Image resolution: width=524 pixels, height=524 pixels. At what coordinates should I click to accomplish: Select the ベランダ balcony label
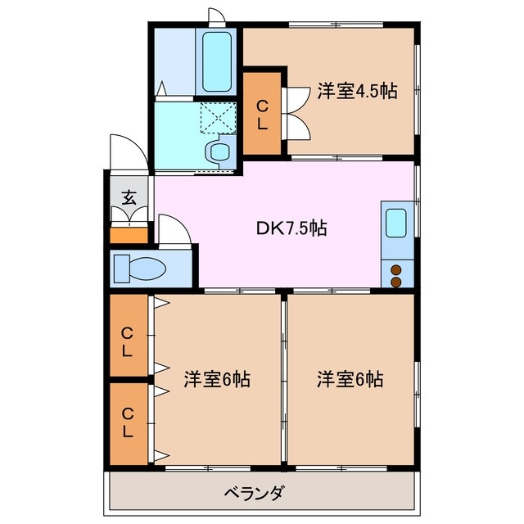255,493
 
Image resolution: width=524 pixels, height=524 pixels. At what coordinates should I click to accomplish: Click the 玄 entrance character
129,197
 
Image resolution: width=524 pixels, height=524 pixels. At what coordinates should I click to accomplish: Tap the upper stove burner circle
396,269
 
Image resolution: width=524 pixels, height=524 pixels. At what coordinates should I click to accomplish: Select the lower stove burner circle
396,282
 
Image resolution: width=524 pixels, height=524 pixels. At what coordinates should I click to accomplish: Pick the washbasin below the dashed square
219,151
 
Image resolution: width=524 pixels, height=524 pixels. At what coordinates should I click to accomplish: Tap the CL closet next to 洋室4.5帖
262,115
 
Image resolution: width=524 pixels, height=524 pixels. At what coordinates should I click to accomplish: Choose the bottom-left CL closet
128,422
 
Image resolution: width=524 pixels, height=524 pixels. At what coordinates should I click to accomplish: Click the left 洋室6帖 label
216,380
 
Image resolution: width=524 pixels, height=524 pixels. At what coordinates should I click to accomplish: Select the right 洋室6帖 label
351,380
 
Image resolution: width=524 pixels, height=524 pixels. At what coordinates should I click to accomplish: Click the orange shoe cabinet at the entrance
129,236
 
